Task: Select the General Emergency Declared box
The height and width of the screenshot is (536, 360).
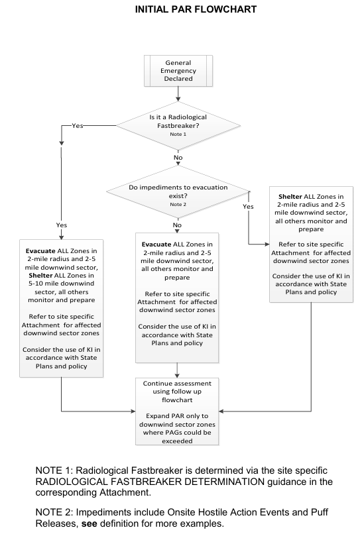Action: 178,70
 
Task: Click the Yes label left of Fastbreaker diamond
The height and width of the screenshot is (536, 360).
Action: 78,125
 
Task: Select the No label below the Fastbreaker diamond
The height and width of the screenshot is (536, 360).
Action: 178,158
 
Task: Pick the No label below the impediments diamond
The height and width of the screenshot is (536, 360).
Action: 177,225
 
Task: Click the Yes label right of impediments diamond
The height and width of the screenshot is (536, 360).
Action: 248,206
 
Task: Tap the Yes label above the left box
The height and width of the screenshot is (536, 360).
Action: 61,225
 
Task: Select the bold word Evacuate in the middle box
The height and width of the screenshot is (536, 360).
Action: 157,244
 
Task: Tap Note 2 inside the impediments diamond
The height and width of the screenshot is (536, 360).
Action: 178,205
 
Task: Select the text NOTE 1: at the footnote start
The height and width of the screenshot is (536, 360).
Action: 56,470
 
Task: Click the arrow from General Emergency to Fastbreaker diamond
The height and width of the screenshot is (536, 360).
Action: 178,94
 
